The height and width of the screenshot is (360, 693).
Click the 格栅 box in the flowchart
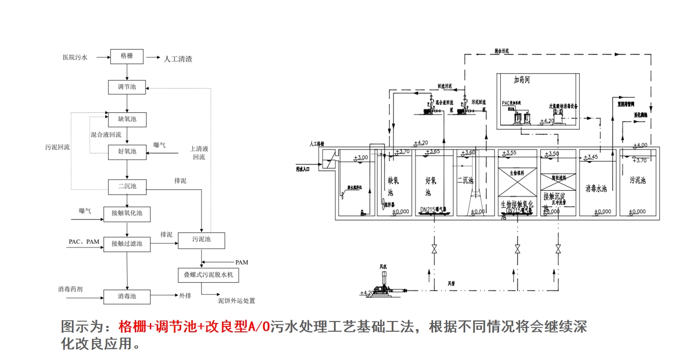pos(127,56)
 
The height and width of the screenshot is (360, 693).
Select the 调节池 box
pos(127,88)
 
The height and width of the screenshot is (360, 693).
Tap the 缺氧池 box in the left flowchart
pos(127,119)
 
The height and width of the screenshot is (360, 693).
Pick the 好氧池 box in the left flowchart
pos(127,151)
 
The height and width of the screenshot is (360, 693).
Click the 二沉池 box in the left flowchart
pos(127,186)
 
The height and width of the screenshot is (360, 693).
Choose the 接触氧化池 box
pos(127,213)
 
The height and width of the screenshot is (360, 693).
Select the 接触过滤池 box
pos(127,243)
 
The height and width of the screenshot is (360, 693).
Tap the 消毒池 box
pos(127,296)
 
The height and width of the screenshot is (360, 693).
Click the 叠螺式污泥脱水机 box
pos(208,275)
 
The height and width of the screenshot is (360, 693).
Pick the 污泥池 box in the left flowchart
pos(201,240)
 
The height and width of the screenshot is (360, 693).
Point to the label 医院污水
pos(75,57)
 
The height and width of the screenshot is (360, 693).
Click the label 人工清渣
pos(178,59)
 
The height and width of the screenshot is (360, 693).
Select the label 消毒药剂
pos(70,289)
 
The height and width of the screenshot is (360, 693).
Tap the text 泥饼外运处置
pos(237,301)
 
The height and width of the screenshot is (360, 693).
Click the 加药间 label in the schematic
pos(525,80)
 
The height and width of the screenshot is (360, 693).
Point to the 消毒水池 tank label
pos(596,188)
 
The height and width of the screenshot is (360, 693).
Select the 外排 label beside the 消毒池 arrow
pos(185,296)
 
